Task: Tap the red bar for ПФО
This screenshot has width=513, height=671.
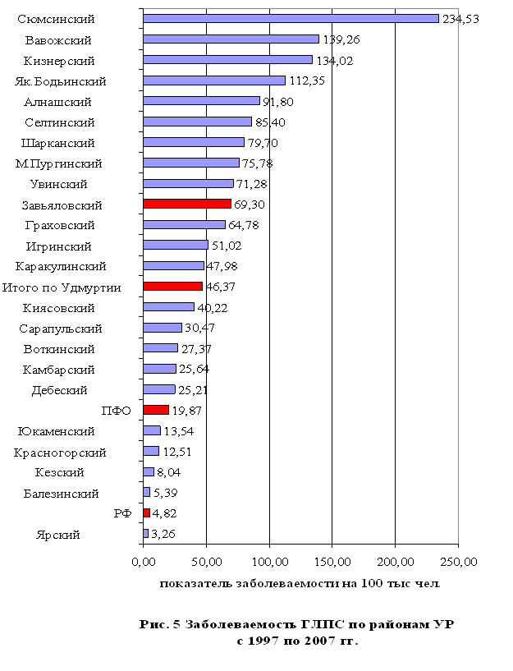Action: (156, 410)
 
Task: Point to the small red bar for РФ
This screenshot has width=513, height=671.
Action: (147, 513)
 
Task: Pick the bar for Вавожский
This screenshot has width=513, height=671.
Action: (231, 39)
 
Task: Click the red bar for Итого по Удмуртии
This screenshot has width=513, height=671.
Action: (172, 287)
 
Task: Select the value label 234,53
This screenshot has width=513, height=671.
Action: (460, 18)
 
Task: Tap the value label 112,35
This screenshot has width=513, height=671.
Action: (307, 80)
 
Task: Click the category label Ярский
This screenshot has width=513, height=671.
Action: (58, 535)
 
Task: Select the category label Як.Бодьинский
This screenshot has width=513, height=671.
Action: (61, 81)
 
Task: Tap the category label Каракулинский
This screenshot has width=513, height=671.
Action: (61, 266)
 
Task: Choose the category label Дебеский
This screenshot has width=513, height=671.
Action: (60, 390)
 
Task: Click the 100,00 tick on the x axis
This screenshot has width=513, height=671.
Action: (269, 563)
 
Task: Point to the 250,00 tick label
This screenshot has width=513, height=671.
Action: (458, 563)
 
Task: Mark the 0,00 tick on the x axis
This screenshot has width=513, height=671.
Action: (144, 563)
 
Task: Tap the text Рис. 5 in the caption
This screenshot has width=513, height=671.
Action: (160, 625)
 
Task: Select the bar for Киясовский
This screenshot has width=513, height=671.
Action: (169, 307)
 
